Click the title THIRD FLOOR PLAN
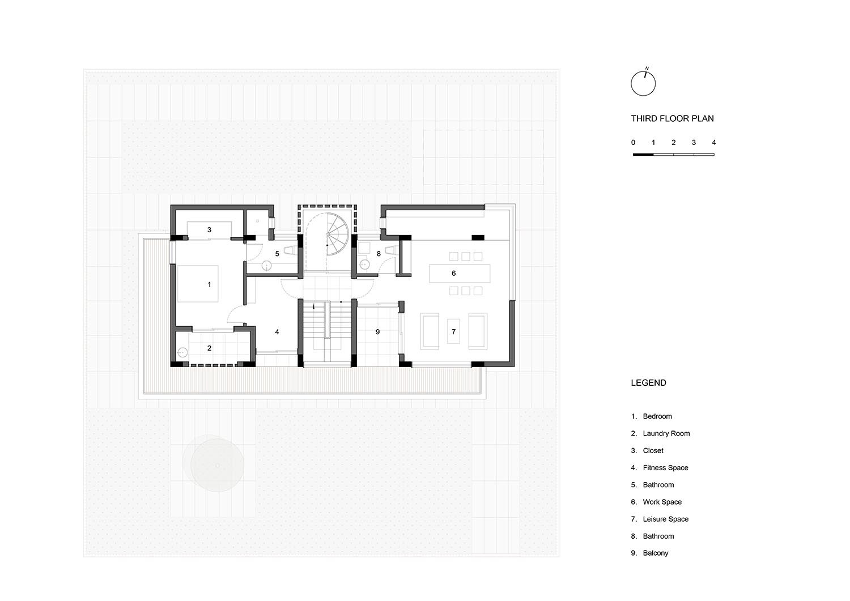coord(672,118)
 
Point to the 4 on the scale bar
coord(714,143)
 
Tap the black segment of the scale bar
coord(643,155)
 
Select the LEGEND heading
coord(648,383)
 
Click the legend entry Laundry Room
coord(666,433)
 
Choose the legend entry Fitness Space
coord(665,468)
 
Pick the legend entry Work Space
coord(662,502)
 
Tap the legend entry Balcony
coord(655,553)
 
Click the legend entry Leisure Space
coord(665,519)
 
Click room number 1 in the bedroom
coord(209,284)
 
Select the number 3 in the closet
coord(209,229)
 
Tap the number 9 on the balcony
coord(377,331)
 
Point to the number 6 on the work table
coord(453,273)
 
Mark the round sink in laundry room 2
coord(182,353)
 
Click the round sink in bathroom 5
coord(267,266)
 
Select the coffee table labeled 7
coord(453,331)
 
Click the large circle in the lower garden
coord(217,465)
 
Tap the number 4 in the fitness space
coord(277,331)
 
